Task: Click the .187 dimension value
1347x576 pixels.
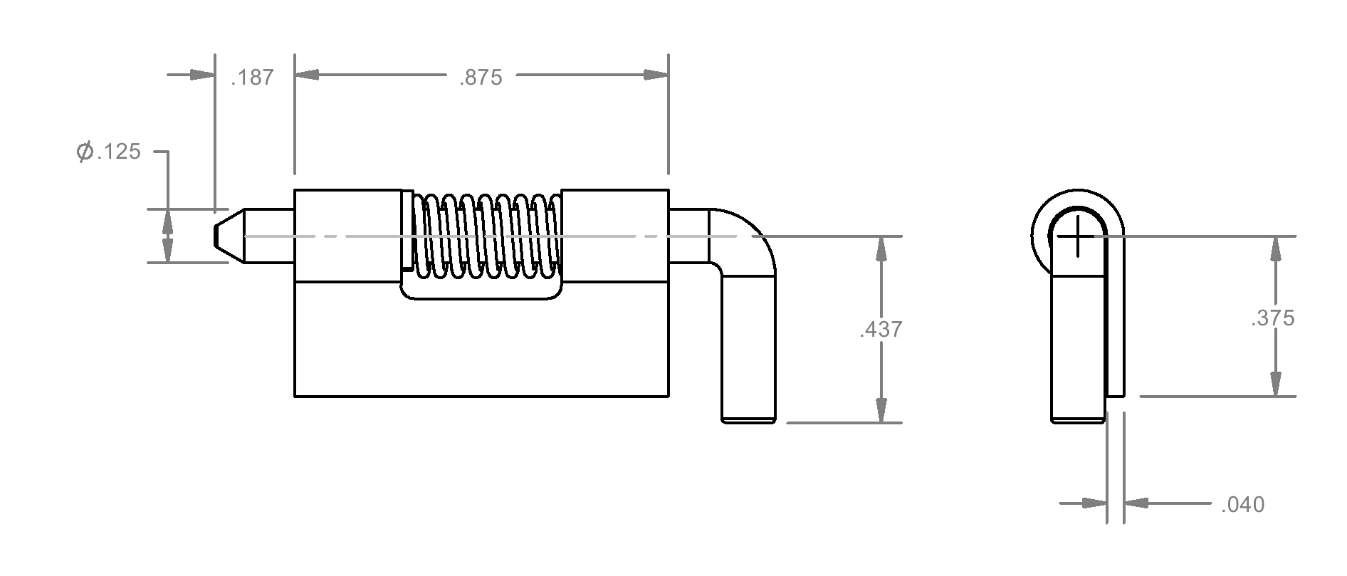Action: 252,77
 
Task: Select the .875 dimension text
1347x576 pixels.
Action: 481,77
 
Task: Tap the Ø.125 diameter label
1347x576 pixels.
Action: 108,151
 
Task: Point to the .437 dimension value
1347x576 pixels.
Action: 881,329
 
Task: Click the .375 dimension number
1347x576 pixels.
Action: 1272,318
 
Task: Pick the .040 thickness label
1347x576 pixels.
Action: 1242,504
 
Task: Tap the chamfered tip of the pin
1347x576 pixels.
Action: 229,235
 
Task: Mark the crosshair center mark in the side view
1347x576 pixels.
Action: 1078,236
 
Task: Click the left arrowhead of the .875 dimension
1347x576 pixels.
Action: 307,75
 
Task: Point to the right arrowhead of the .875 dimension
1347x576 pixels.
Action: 656,75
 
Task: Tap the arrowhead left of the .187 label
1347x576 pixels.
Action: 202,75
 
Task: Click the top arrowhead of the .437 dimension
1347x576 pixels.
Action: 881,248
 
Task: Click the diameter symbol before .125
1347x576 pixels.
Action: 85,151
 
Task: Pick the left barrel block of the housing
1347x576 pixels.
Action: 348,236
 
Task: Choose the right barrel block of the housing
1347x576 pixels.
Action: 615,236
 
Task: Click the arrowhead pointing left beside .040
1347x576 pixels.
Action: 1137,503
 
